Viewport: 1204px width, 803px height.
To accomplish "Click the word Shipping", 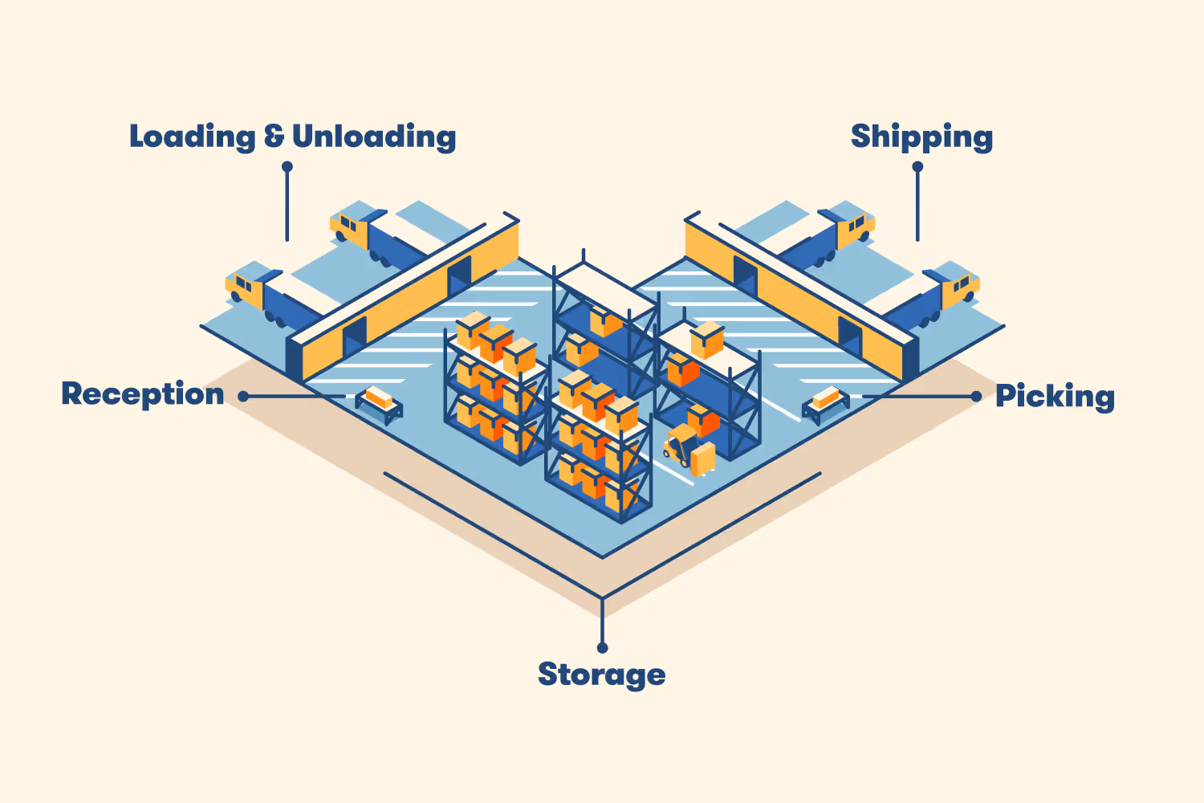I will [921, 137].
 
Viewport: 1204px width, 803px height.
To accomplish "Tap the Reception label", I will [143, 394].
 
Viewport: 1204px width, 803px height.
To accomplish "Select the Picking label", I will [1055, 396].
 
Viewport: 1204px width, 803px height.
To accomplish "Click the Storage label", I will [601, 675].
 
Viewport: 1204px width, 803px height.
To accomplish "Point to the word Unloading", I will [374, 137].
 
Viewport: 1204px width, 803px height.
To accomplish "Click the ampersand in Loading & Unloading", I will [274, 137].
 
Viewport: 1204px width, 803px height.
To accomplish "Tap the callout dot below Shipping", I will [917, 167].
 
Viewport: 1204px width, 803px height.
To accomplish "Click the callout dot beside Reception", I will [243, 396].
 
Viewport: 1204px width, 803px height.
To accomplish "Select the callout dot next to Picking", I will [976, 396].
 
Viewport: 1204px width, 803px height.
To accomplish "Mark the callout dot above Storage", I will [602, 647].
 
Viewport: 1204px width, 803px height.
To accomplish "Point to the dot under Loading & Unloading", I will [287, 167].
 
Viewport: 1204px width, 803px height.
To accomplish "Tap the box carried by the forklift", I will [703, 459].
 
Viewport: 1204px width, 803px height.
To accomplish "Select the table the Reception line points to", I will [379, 402].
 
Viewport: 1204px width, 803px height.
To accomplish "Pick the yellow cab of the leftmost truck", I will [244, 287].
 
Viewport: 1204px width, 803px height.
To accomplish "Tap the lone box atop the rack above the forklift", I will [707, 340].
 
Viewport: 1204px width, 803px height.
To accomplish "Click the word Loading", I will [193, 137].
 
